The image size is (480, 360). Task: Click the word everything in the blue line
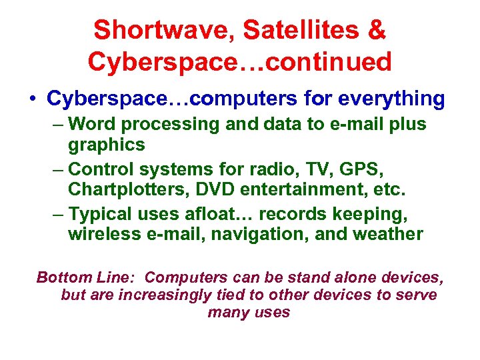tap(391, 99)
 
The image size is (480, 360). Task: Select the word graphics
tap(107, 144)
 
